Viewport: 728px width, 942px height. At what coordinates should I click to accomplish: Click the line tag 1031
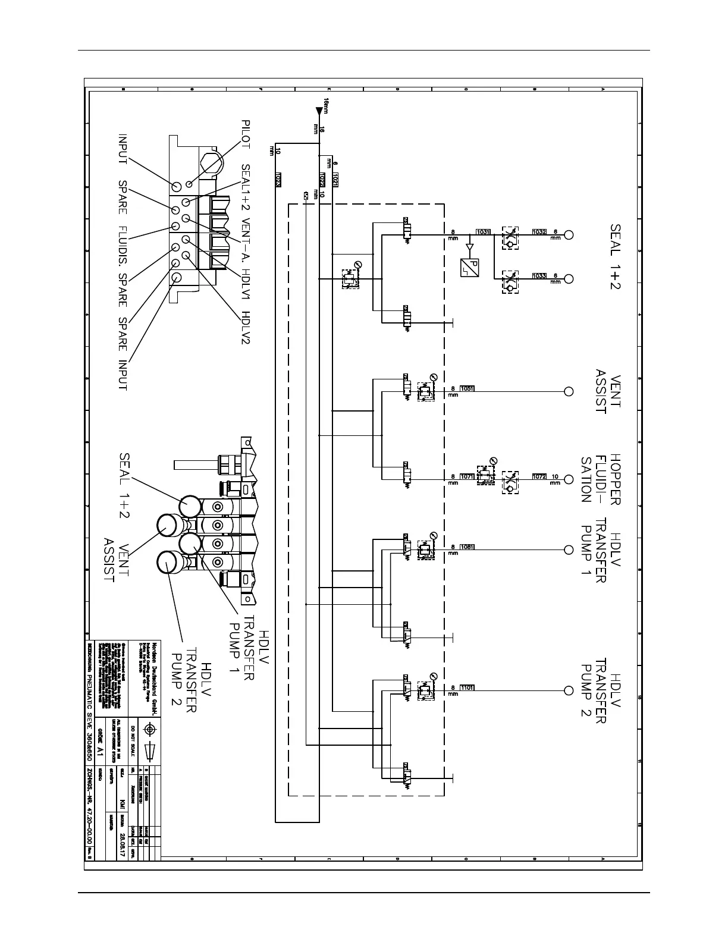tap(482, 232)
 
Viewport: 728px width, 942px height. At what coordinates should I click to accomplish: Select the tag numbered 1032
tap(539, 232)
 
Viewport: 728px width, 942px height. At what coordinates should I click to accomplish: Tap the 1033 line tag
tap(539, 276)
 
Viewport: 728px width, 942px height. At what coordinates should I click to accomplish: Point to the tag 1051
tap(467, 389)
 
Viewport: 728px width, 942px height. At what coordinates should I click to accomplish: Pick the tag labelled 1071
tap(467, 476)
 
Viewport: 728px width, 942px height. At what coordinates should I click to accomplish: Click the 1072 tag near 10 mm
tap(539, 476)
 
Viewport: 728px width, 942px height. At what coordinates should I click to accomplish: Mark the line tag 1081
tap(467, 547)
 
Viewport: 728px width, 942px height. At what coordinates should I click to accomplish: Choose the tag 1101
tap(467, 687)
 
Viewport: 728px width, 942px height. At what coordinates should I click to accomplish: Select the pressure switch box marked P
tap(469, 266)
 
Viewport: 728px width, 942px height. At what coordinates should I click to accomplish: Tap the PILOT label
tap(246, 134)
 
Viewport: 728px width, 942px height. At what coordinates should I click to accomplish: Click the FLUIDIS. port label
tap(123, 245)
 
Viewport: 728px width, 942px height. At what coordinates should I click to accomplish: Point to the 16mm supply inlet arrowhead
tap(319, 110)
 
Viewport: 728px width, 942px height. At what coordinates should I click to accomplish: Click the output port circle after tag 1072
tap(569, 476)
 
